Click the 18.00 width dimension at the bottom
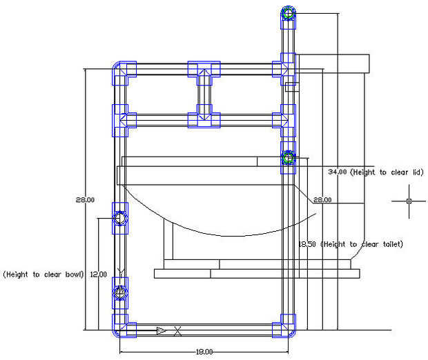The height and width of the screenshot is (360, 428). tap(204, 352)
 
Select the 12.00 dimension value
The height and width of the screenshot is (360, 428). tap(99, 274)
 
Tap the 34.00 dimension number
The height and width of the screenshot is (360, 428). tap(338, 172)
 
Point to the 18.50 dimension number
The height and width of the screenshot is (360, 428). tap(307, 244)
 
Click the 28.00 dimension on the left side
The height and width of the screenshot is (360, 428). tap(85, 200)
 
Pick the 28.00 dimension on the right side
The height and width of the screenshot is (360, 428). tap(322, 200)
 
